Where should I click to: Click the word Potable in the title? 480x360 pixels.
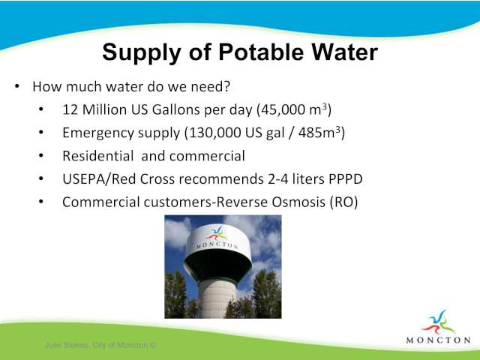[261, 52]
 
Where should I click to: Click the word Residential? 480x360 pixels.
[98, 156]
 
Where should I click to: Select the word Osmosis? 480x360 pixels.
[298, 202]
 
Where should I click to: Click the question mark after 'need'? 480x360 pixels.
[226, 86]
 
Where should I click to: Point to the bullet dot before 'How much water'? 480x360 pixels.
[17, 87]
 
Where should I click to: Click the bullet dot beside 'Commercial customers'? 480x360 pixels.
[41, 202]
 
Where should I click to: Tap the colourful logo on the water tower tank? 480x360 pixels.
[217, 234]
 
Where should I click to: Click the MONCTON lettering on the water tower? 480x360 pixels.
[217, 245]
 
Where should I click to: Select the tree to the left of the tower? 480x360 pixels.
[175, 295]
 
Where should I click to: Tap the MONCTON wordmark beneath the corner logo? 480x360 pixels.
[438, 340]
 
